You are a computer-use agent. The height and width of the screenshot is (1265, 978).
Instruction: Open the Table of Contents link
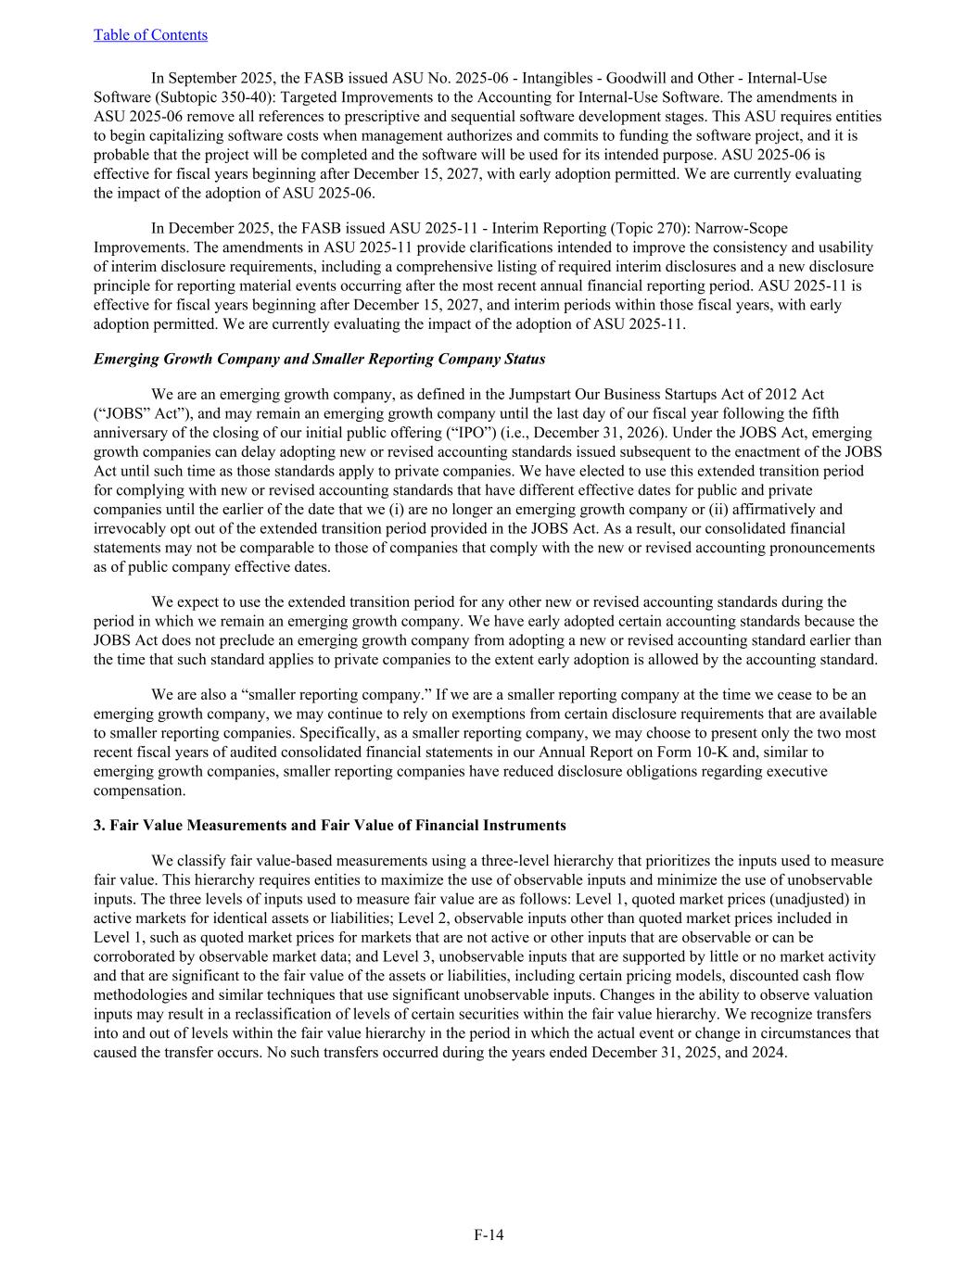click(x=150, y=35)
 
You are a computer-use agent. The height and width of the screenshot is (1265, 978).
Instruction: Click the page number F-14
click(x=489, y=1234)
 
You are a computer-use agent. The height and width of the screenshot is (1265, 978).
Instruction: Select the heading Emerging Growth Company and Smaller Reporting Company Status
click(x=319, y=359)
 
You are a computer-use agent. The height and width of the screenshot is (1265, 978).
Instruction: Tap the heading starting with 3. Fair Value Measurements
click(x=329, y=825)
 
